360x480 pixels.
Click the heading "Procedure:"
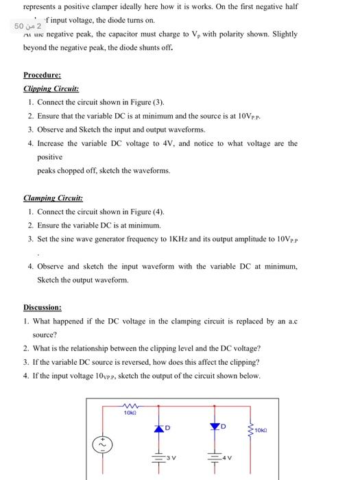tap(42, 75)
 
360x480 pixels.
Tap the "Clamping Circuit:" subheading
tap(53, 198)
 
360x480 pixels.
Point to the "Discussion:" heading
tap(43, 308)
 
